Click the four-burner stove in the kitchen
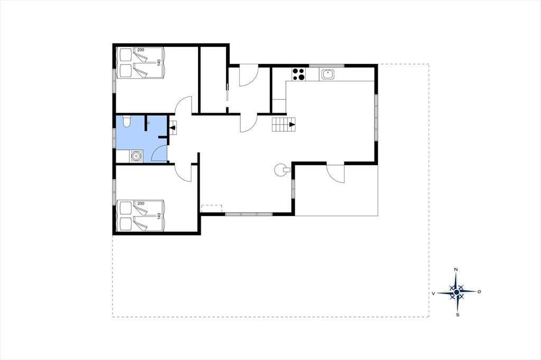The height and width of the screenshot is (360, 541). tap(299, 74)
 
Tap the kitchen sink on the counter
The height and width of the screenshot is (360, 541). tap(327, 74)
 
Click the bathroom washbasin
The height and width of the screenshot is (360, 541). tap(137, 156)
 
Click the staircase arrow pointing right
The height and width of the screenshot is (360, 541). tap(292, 125)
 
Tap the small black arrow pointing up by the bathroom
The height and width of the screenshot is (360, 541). tap(173, 128)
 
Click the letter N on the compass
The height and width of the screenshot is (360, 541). tap(456, 269)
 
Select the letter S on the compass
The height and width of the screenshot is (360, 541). tap(458, 315)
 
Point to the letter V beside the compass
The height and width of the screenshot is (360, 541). tap(433, 293)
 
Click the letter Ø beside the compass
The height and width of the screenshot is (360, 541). tap(479, 292)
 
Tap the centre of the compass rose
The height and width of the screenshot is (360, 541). tap(457, 292)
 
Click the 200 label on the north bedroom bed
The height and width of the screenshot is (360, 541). tap(141, 50)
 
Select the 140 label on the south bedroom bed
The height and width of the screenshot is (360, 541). tap(159, 216)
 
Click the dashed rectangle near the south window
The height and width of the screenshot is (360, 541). tap(211, 209)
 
